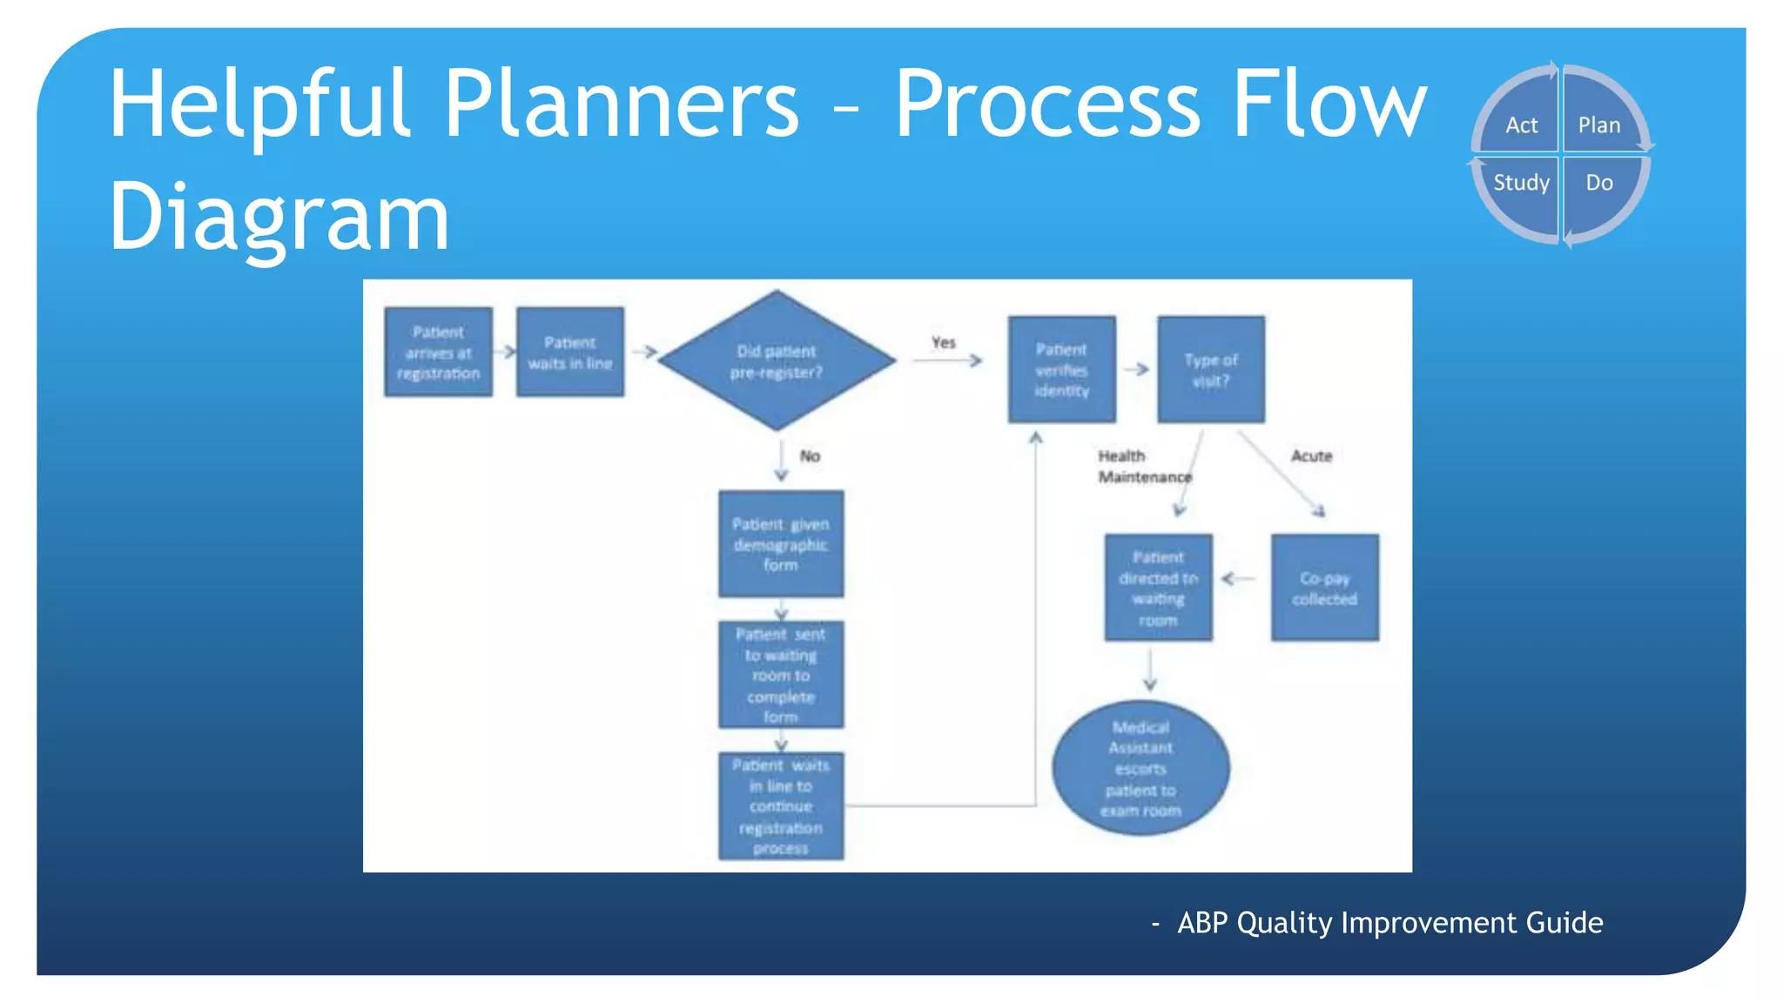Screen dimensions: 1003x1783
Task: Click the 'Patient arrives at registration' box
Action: [x=438, y=352]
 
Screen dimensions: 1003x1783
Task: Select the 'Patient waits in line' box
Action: [x=569, y=352]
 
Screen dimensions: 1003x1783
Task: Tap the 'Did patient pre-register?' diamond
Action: [x=777, y=361]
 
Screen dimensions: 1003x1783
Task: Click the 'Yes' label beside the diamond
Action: [x=943, y=342]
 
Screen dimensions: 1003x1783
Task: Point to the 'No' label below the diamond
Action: [x=810, y=456]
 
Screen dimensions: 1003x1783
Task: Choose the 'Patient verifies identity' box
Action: [x=1061, y=370]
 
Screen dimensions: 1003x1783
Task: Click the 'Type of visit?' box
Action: [x=1210, y=370]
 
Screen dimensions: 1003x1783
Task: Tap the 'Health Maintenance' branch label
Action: [x=1142, y=467]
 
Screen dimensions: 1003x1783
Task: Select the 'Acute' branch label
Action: [x=1311, y=456]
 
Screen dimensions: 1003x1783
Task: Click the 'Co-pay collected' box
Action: [x=1324, y=589]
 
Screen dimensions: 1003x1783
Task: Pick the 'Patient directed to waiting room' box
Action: [x=1158, y=589]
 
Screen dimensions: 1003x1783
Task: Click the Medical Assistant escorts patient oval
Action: [x=1140, y=768]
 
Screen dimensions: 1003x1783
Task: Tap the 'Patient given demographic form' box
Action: [x=780, y=544]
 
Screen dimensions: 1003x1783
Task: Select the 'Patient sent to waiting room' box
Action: [x=780, y=675]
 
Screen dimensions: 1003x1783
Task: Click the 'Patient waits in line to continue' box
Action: [x=780, y=806]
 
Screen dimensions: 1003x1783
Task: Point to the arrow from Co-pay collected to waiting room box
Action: [x=1239, y=578]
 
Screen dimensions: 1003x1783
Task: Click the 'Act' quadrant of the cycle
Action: [x=1521, y=125]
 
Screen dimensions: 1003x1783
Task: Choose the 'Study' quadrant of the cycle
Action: [x=1521, y=183]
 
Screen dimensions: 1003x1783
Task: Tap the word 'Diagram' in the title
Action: [x=279, y=216]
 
